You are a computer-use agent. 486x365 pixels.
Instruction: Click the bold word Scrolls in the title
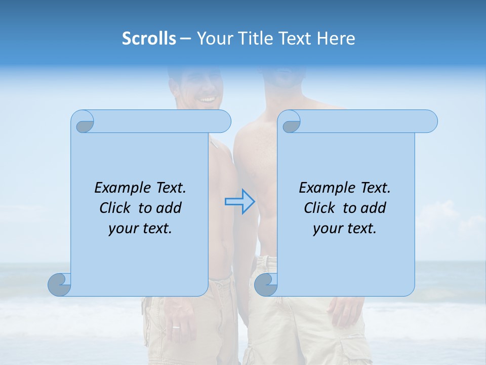coord(149,39)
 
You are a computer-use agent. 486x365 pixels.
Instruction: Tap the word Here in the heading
coord(336,39)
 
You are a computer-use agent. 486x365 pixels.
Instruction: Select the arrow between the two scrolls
coord(239,201)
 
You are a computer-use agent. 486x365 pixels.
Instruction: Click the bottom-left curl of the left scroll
coord(60,284)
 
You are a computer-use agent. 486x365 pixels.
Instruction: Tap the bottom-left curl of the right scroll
coord(266,284)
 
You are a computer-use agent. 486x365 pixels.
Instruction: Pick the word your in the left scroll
coord(121,229)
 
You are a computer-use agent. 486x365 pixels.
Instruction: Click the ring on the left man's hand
coord(176,327)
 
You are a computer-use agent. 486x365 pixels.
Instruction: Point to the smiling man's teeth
coord(207,99)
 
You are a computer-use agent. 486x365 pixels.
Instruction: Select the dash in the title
coord(185,39)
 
